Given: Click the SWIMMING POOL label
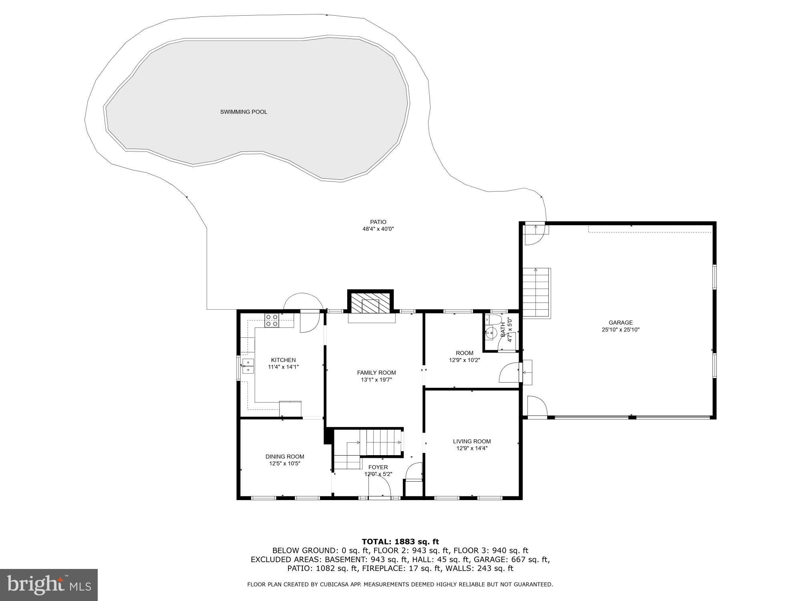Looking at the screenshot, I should [244, 112].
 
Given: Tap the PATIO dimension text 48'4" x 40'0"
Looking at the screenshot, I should [378, 229].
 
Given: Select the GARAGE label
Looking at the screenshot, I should [620, 323].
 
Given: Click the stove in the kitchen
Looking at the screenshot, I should [272, 321].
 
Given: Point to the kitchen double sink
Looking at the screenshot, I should [248, 366].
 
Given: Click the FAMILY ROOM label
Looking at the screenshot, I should [376, 373].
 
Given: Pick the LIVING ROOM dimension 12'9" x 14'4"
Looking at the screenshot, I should [472, 448].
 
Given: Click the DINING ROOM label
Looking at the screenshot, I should [284, 456].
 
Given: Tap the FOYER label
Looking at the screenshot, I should [378, 467].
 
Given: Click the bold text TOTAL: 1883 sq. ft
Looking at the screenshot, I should [400, 542].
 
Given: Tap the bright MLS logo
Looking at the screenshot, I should [49, 585].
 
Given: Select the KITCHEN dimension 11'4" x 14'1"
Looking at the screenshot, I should [283, 367].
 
